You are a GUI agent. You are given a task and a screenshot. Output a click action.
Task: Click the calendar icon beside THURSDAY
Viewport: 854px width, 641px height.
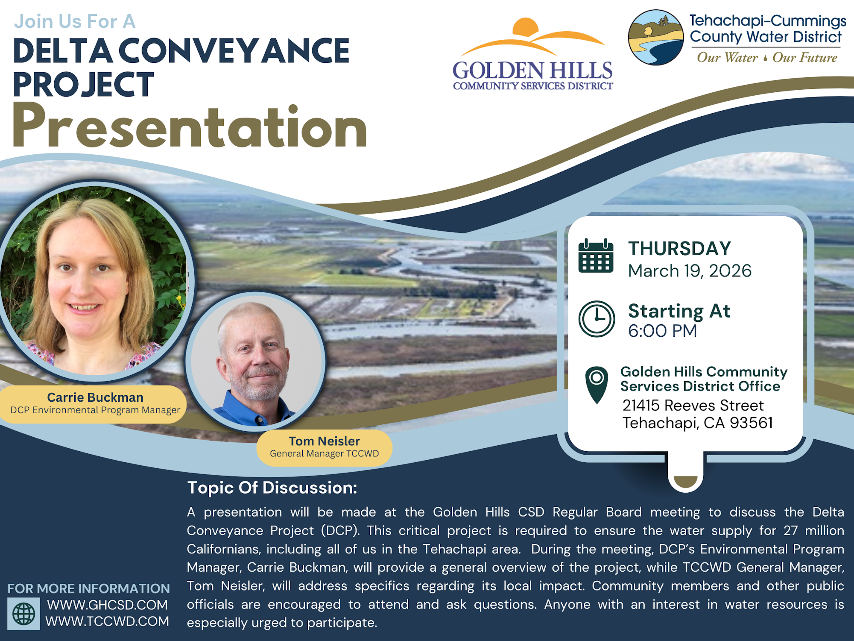point(596,256)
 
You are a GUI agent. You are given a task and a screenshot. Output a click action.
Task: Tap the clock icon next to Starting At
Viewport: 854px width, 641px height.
point(597,319)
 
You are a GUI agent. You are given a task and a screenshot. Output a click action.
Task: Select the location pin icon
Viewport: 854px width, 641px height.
point(597,383)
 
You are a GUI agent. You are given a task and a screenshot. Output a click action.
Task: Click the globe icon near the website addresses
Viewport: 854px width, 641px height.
point(24,614)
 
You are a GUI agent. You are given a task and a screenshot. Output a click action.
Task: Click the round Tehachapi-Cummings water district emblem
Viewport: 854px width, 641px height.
point(656,38)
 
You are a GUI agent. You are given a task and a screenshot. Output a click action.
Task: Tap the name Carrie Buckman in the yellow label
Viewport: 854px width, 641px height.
point(95,397)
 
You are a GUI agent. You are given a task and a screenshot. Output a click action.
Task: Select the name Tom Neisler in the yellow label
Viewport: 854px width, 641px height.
point(324,441)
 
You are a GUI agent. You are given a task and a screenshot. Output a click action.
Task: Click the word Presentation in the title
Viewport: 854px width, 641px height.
point(190,127)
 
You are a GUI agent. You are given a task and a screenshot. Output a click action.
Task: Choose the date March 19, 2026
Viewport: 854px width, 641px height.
point(690,271)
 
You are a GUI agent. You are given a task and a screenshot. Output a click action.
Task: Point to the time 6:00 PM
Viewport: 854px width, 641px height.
point(662,331)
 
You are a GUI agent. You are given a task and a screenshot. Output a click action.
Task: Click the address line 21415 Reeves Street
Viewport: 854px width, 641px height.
point(693,405)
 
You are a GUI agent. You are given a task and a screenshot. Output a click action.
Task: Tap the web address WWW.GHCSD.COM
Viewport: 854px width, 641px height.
point(107,605)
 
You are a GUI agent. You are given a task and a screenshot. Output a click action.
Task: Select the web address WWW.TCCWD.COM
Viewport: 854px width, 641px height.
point(107,621)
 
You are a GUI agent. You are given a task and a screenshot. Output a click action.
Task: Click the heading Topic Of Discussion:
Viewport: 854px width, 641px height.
point(272,488)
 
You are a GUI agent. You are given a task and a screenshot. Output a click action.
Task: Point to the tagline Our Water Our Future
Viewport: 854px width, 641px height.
point(767,58)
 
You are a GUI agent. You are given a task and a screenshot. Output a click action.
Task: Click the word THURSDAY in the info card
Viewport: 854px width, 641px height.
point(679,249)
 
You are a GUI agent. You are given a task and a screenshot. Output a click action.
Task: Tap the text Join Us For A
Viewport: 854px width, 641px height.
point(75,21)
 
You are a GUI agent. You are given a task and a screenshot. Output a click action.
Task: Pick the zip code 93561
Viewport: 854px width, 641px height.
point(751,423)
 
